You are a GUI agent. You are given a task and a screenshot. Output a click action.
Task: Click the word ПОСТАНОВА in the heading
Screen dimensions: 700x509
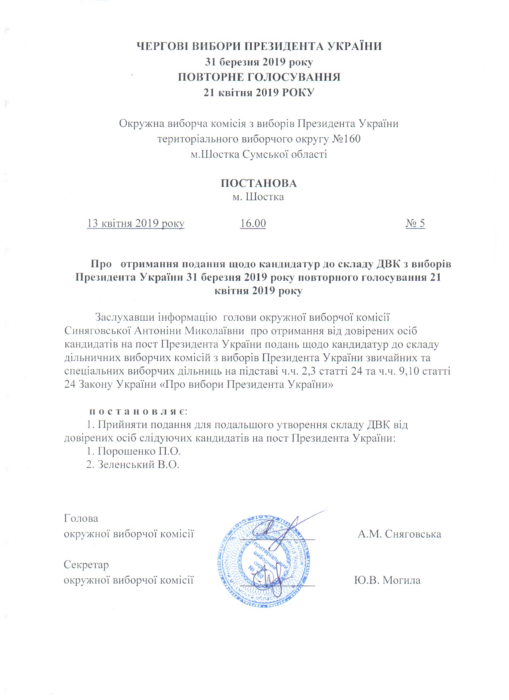tap(258, 183)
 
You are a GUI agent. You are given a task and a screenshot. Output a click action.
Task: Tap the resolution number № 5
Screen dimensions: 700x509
tap(415, 223)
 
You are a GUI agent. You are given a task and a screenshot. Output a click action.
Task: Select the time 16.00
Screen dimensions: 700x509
tap(253, 223)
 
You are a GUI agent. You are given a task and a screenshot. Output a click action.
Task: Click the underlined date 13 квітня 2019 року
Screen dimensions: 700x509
tap(136, 223)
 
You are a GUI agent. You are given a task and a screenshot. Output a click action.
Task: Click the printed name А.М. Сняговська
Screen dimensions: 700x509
tap(399, 534)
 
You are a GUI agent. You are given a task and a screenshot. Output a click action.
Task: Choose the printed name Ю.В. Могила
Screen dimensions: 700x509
tap(387, 580)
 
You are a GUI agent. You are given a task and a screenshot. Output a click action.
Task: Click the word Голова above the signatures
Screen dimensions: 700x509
tap(81, 519)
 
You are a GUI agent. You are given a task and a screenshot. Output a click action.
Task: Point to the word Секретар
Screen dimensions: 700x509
tap(86, 565)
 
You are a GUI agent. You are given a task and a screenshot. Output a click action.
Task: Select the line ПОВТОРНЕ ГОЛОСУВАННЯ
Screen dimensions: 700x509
tap(259, 77)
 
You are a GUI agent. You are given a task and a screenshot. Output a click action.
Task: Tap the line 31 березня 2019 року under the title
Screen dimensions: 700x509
tap(259, 62)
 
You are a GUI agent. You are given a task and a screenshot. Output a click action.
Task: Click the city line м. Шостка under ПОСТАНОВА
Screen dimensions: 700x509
tap(258, 197)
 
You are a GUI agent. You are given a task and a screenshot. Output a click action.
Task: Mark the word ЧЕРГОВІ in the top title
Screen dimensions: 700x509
tap(163, 46)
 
